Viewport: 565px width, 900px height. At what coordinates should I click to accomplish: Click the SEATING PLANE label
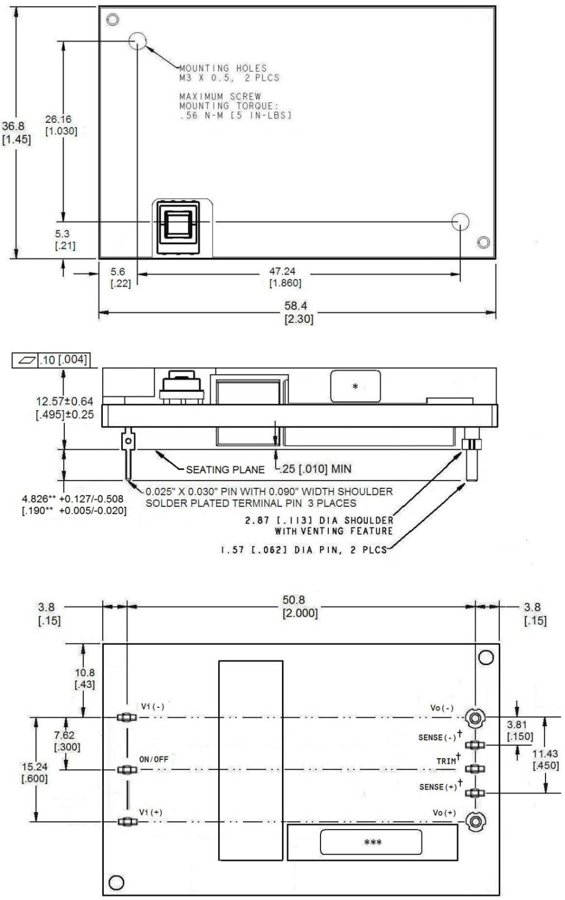click(225, 469)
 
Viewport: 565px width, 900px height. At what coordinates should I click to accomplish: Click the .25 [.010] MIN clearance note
click(315, 469)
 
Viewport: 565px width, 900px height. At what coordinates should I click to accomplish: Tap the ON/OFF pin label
click(154, 759)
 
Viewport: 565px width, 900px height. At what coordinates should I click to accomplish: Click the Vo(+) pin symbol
click(476, 821)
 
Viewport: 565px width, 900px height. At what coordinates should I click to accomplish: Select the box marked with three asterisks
click(371, 842)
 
